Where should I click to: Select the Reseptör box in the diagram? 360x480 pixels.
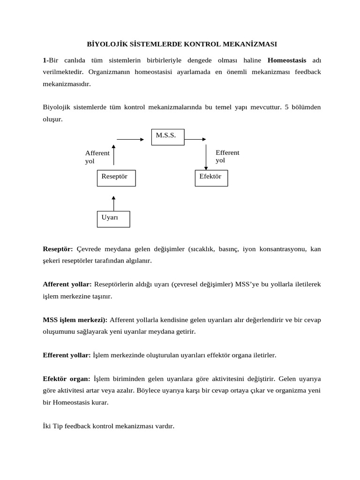click(116, 178)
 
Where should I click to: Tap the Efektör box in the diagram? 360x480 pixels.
click(211, 178)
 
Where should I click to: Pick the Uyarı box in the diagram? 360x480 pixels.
click(113, 219)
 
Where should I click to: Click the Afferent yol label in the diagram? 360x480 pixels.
click(97, 157)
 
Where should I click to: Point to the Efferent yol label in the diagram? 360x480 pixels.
click(227, 156)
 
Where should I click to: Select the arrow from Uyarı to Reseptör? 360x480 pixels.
click(113, 203)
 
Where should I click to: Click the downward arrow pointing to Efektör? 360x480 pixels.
click(206, 157)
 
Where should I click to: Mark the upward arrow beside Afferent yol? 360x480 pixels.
click(113, 155)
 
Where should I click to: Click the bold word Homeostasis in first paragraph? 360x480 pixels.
click(287, 60)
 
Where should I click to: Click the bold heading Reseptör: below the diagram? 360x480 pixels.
click(58, 249)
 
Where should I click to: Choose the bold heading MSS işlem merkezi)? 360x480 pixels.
click(75, 320)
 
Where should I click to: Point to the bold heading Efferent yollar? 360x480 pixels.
click(67, 355)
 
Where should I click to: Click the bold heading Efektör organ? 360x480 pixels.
click(66, 379)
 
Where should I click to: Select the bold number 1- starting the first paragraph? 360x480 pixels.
click(45, 60)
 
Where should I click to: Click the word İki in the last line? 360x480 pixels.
click(47, 426)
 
